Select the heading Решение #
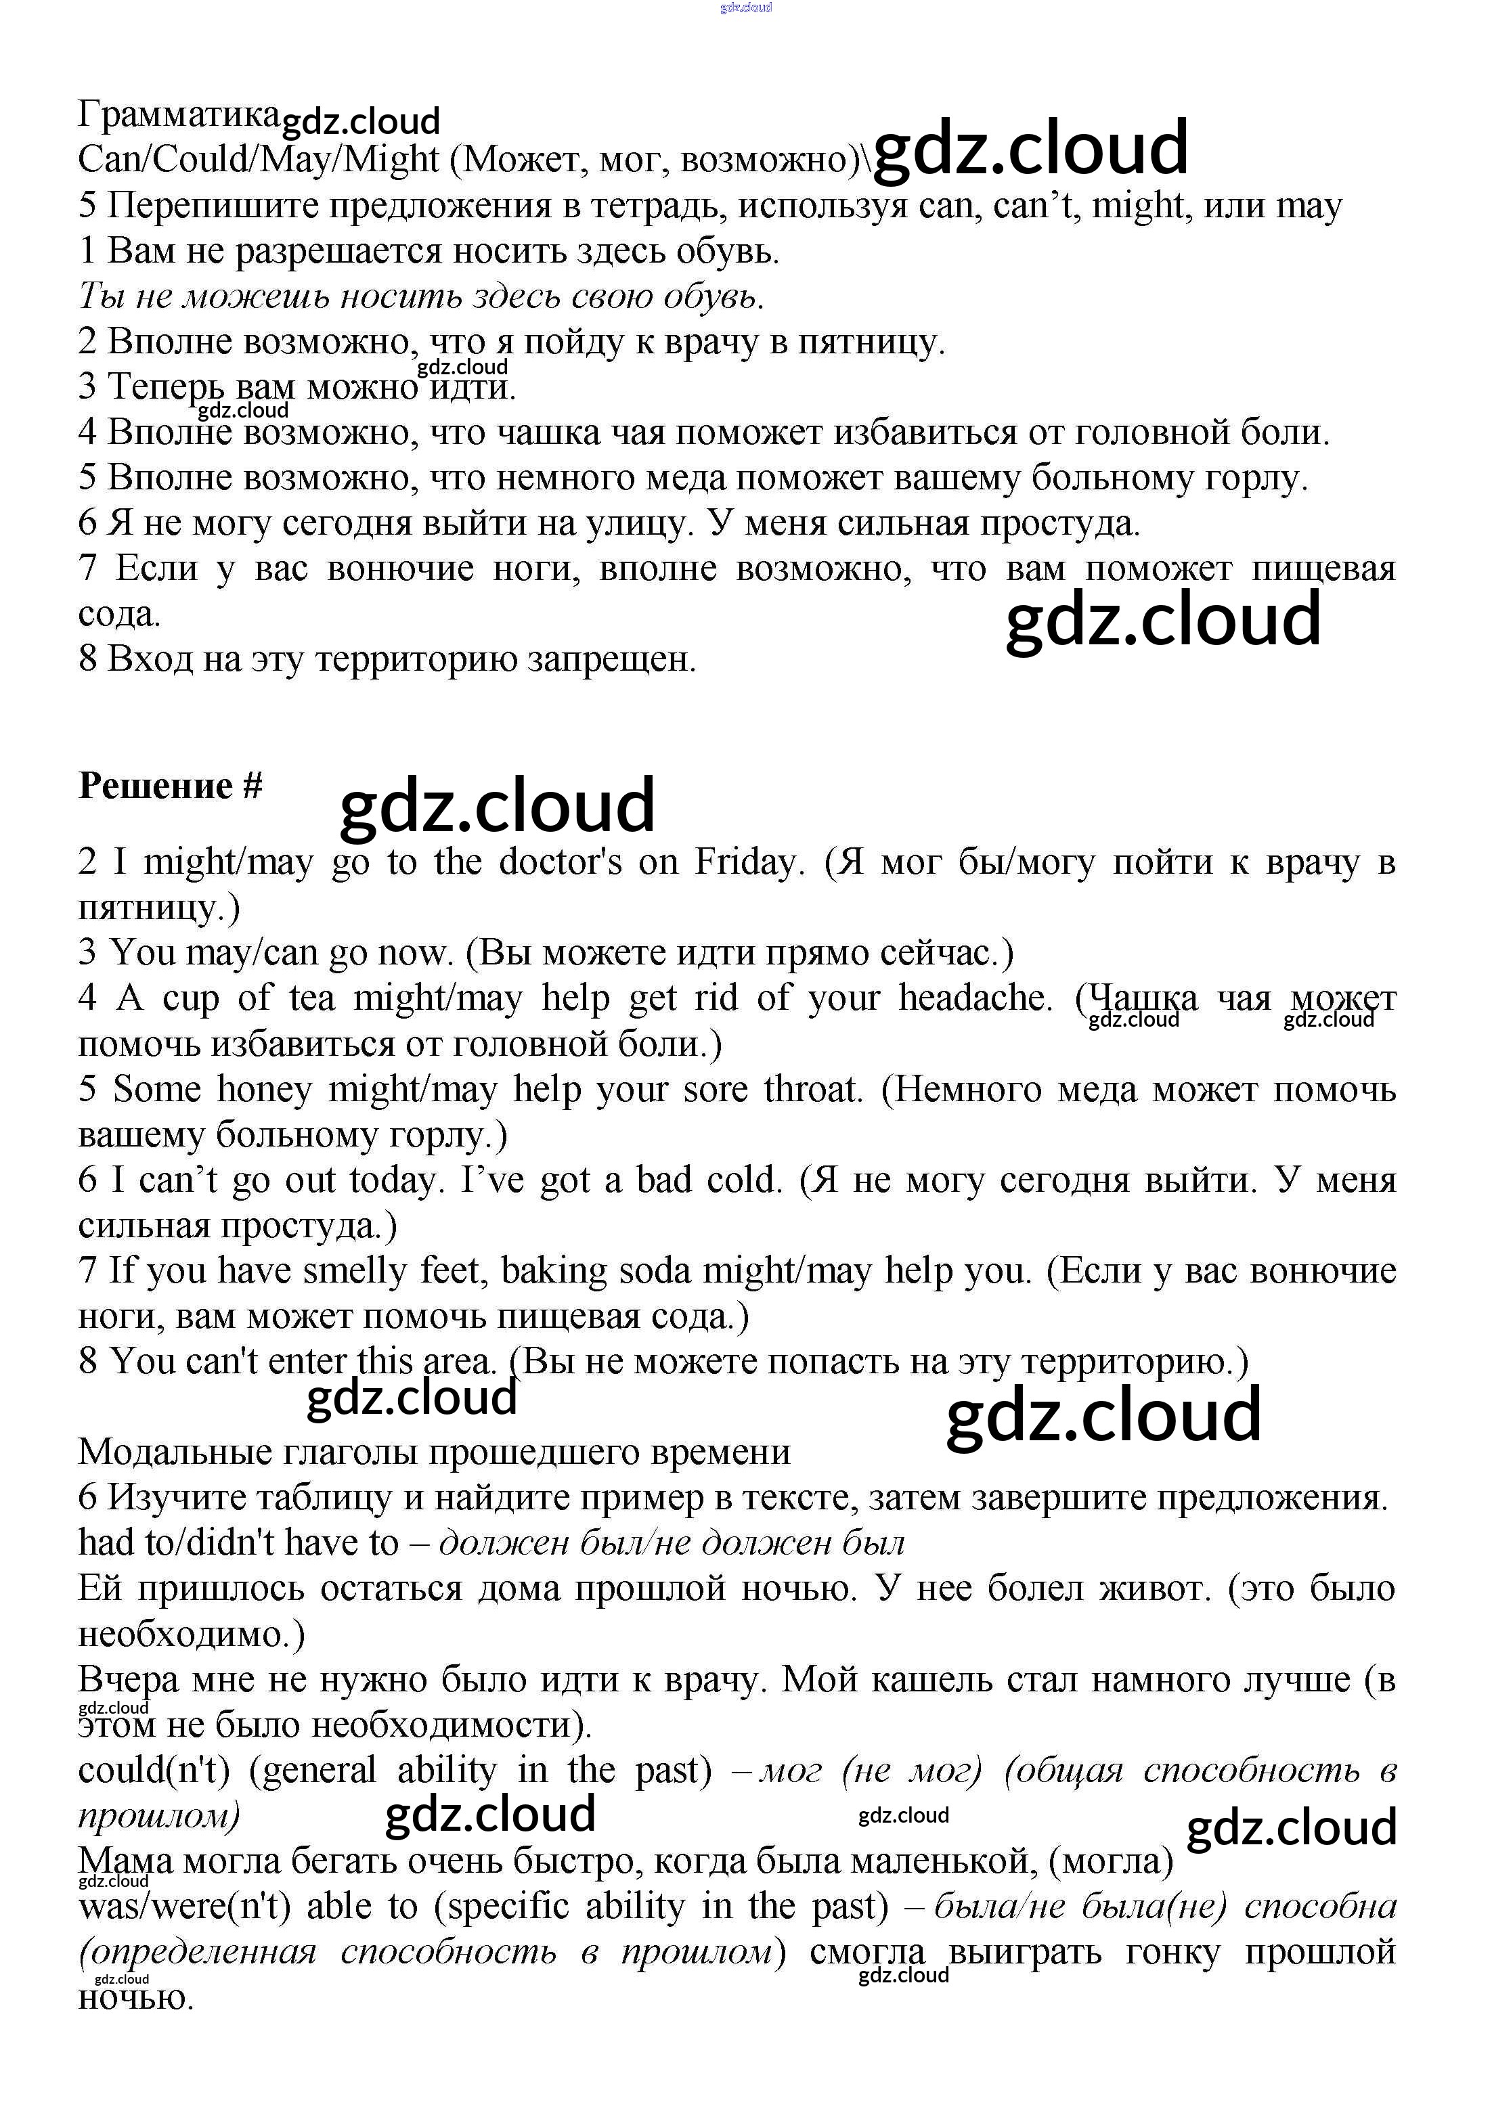click(x=171, y=786)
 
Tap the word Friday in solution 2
click(x=745, y=862)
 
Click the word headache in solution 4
click(x=975, y=998)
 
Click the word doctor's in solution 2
click(x=560, y=862)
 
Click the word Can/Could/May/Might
click(x=259, y=160)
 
